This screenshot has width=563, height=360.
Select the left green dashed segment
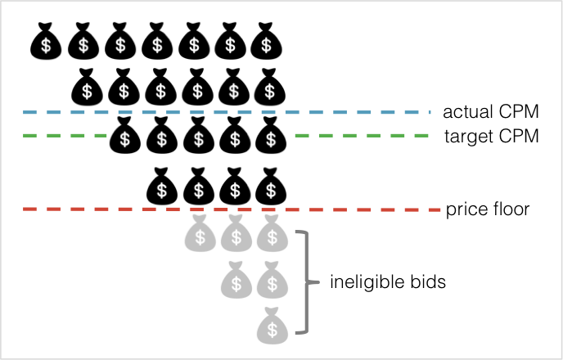[x=65, y=135]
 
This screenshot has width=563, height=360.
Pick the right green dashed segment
[x=361, y=135]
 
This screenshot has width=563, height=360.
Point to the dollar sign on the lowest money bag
[x=272, y=331]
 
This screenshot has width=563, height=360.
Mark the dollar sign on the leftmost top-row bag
[x=200, y=239]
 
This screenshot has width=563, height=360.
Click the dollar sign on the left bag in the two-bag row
[x=236, y=285]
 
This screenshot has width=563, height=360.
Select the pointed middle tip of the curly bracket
[x=316, y=282]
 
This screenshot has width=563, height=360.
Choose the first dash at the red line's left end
[x=29, y=209]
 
